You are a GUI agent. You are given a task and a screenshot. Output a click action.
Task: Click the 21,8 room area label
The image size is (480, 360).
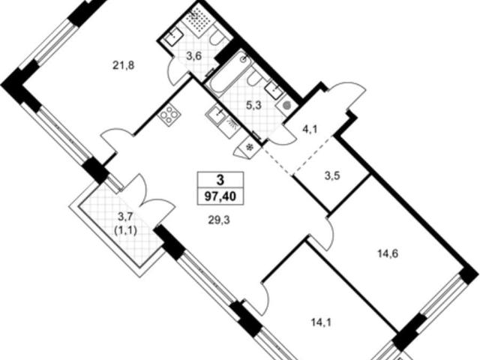(124, 65)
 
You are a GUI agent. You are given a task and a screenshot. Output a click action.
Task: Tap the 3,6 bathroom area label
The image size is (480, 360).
(194, 57)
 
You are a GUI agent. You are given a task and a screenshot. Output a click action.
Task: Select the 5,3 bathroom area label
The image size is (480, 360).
(253, 106)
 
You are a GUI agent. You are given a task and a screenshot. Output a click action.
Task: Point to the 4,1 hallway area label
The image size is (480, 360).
(310, 130)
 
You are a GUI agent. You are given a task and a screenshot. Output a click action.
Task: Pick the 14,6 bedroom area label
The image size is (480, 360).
(387, 253)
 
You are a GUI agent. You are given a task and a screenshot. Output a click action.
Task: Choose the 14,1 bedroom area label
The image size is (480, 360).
(322, 322)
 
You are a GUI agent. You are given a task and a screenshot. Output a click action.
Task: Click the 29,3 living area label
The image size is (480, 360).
(219, 220)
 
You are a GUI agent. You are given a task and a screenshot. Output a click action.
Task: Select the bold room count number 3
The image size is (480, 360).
(220, 180)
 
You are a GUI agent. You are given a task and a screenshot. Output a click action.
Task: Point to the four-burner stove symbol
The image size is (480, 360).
(169, 115)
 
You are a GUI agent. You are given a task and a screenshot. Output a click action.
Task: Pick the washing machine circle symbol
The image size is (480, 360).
(286, 106)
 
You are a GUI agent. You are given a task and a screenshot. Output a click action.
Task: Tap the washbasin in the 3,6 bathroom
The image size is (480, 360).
(174, 38)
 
